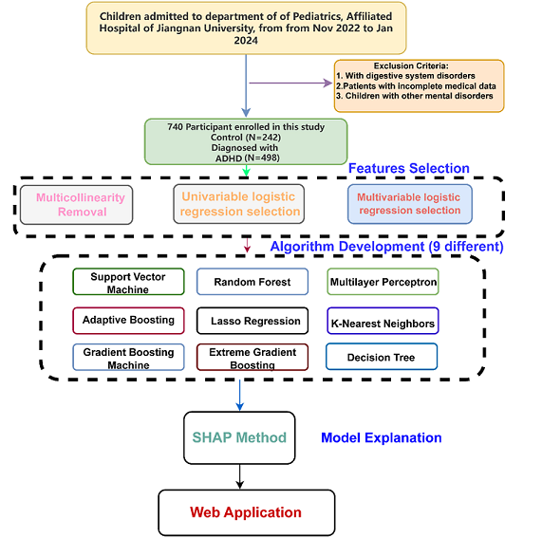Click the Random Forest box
pyautogui.click(x=252, y=282)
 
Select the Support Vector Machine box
pyautogui.click(x=128, y=282)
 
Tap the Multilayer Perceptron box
pyautogui.click(x=383, y=282)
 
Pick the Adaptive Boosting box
pyautogui.click(x=128, y=321)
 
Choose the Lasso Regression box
pyautogui.click(x=252, y=321)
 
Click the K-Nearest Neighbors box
pyautogui.click(x=383, y=321)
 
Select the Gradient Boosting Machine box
pyautogui.click(x=128, y=357)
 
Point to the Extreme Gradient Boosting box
pyautogui.click(x=252, y=357)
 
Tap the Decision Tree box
pyautogui.click(x=382, y=357)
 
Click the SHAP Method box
pyautogui.click(x=239, y=437)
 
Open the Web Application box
pyautogui.click(x=247, y=512)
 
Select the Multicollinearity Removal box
pyautogui.click(x=76, y=205)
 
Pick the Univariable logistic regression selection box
pyautogui.click(x=239, y=204)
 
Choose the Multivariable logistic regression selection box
pyautogui.click(x=410, y=204)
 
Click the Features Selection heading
pyautogui.click(x=408, y=168)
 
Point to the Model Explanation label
pyautogui.click(x=382, y=437)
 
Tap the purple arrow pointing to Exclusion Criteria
pyautogui.click(x=290, y=83)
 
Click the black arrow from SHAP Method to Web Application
pyautogui.click(x=239, y=476)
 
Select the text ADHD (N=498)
pyautogui.click(x=248, y=158)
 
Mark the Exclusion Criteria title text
pyautogui.click(x=411, y=65)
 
